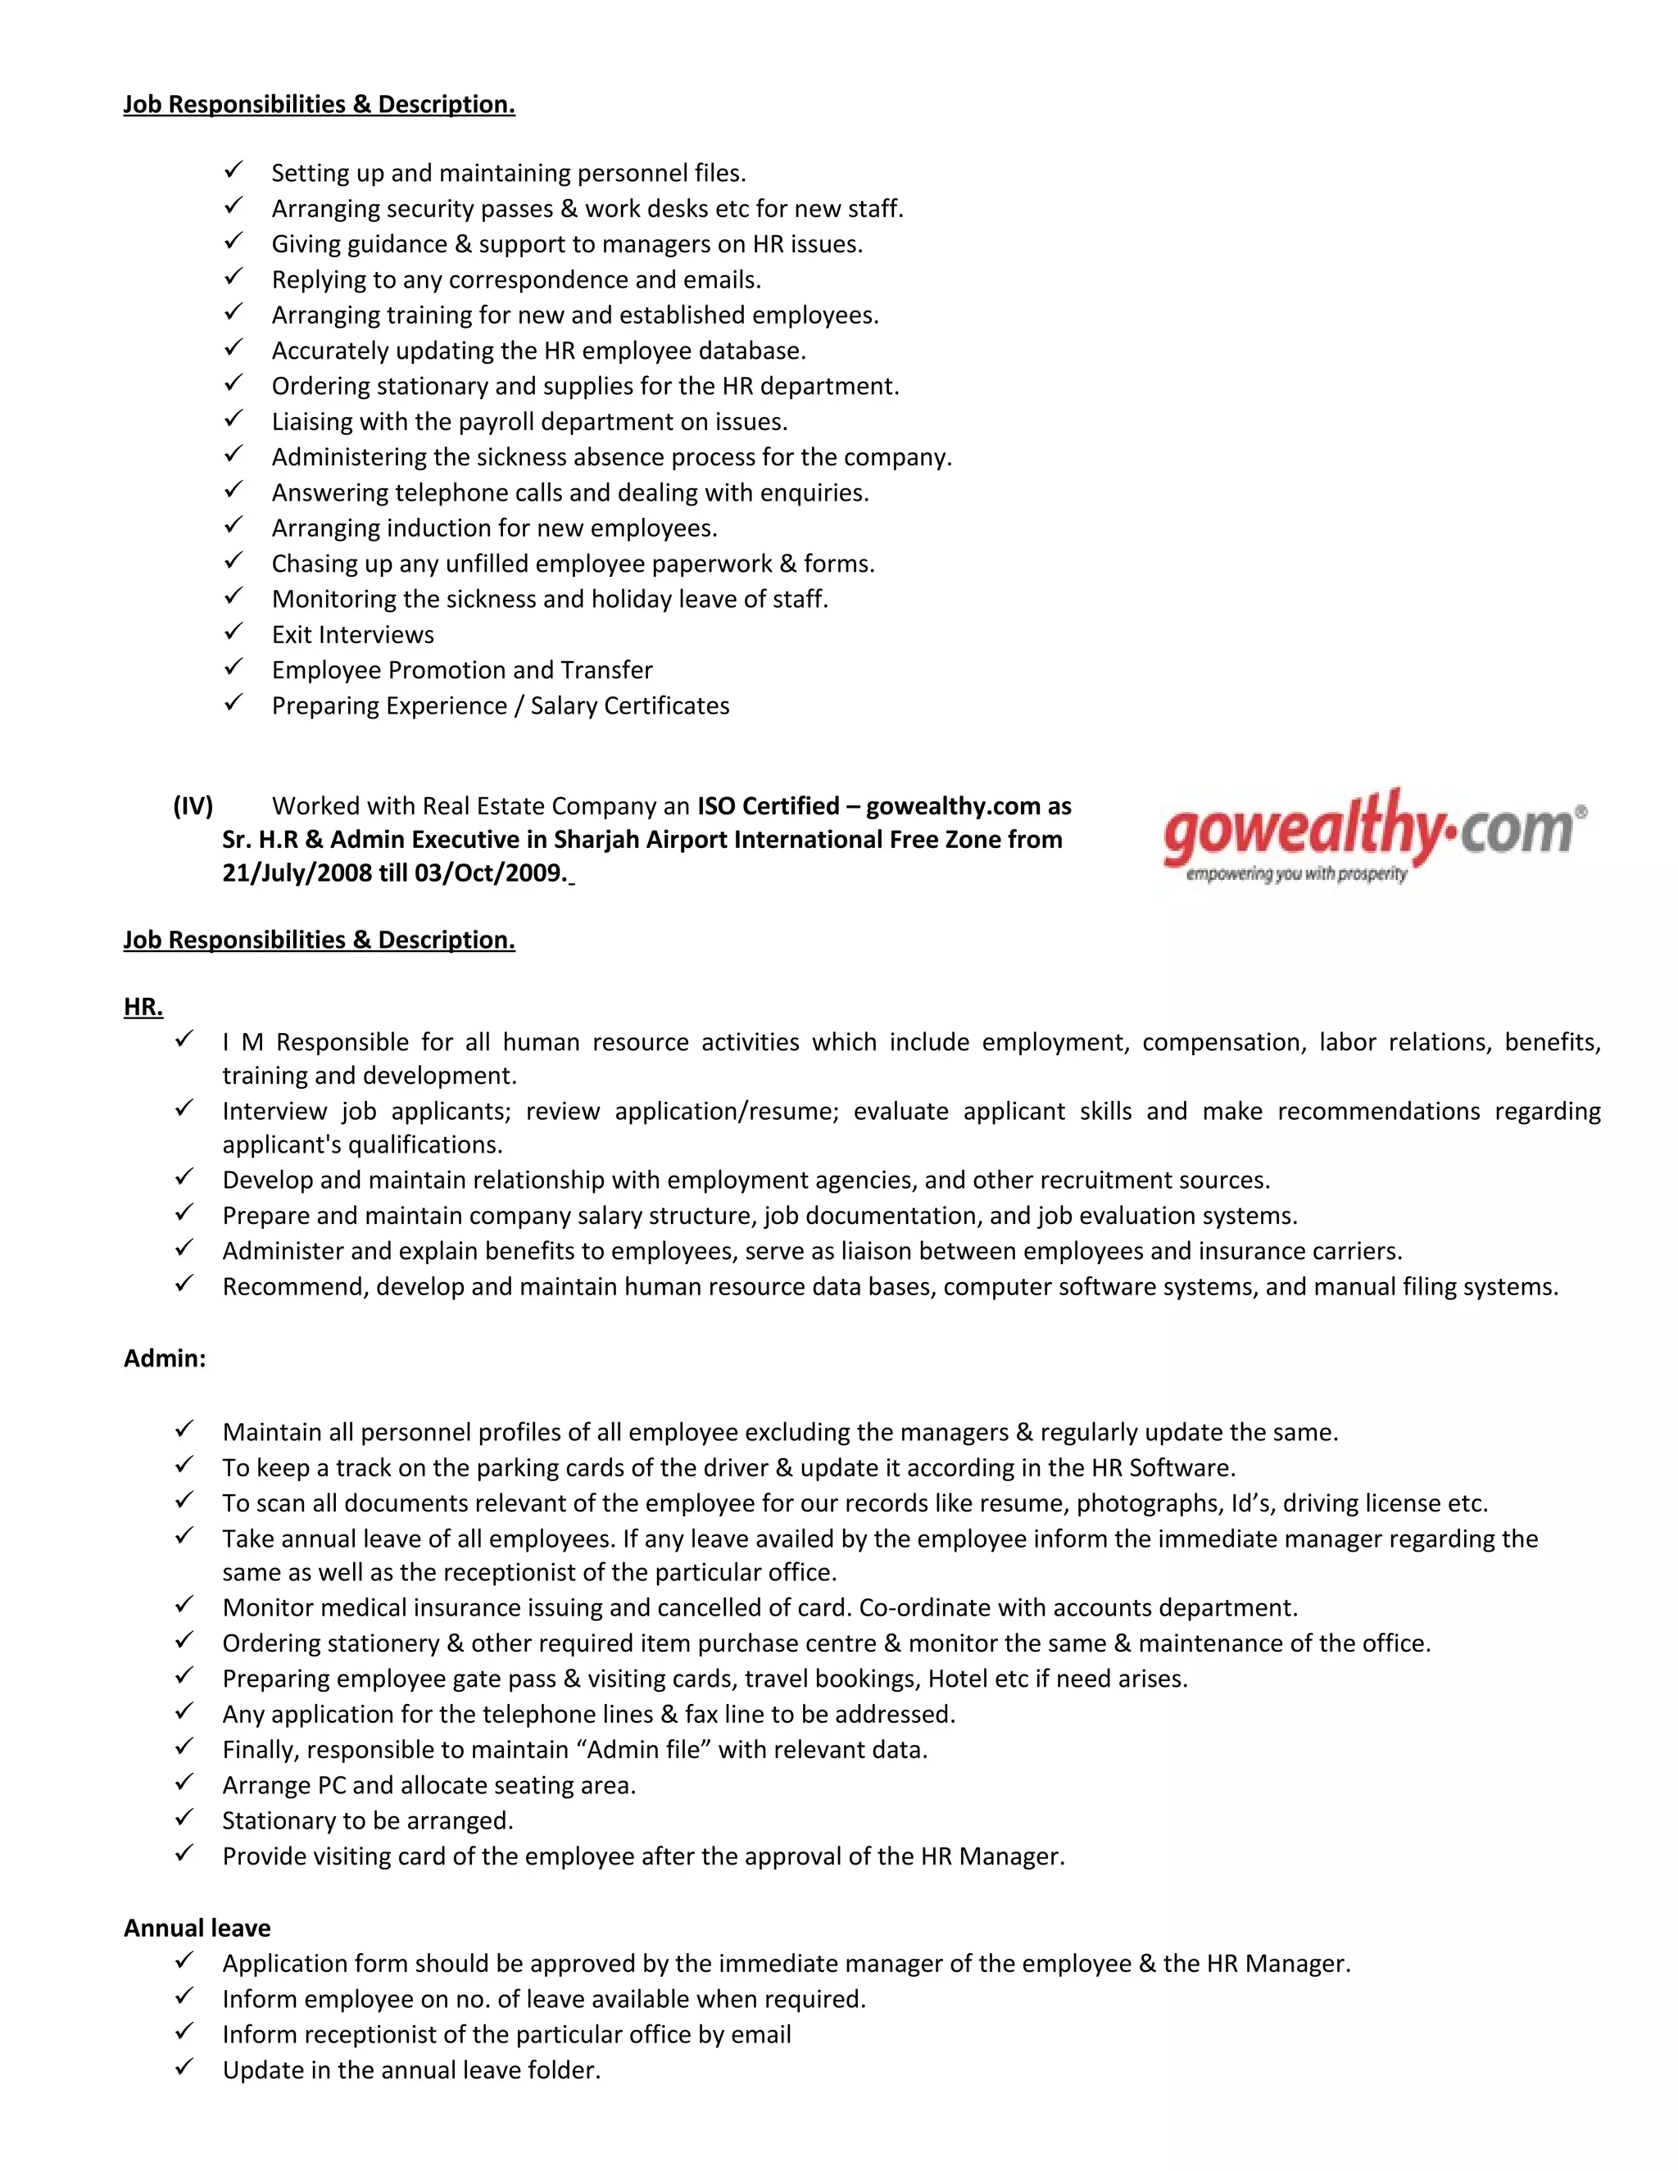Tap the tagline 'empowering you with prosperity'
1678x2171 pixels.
(x=1296, y=875)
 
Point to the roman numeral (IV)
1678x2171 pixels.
(x=193, y=806)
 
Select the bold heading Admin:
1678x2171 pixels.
(x=164, y=1359)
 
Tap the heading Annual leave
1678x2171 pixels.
(x=197, y=1929)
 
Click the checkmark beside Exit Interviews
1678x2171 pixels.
(x=233, y=632)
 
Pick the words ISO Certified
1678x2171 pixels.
(x=768, y=806)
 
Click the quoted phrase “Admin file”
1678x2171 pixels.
(x=643, y=1750)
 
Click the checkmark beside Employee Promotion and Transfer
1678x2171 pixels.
(x=233, y=668)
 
